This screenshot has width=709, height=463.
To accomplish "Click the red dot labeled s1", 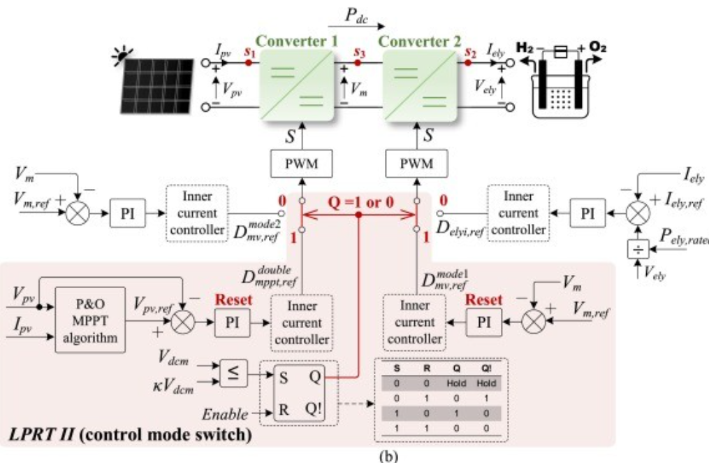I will tap(248, 63).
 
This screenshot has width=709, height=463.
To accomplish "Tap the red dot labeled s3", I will tap(358, 63).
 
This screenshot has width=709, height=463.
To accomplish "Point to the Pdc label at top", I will tap(358, 17).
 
